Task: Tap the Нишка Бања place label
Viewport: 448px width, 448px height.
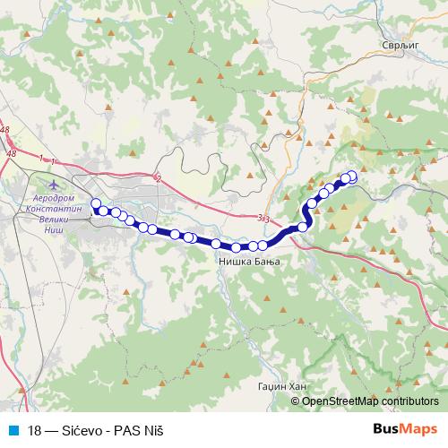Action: pyautogui.click(x=249, y=262)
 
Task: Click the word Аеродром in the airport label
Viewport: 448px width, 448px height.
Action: pyautogui.click(x=56, y=196)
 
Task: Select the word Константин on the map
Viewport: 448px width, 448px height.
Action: pyautogui.click(x=56, y=207)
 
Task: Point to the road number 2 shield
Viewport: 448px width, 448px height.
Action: pyautogui.click(x=158, y=178)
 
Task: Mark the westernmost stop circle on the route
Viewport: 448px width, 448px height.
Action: pyautogui.click(x=96, y=202)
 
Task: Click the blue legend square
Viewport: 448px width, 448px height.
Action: pyautogui.click(x=11, y=429)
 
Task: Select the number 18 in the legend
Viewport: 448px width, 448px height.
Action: pyautogui.click(x=35, y=429)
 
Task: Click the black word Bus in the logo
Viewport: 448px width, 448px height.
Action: pyautogui.click(x=386, y=428)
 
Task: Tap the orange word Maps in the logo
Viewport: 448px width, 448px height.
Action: pyautogui.click(x=419, y=428)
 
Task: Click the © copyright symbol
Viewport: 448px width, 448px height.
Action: pyautogui.click(x=296, y=401)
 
